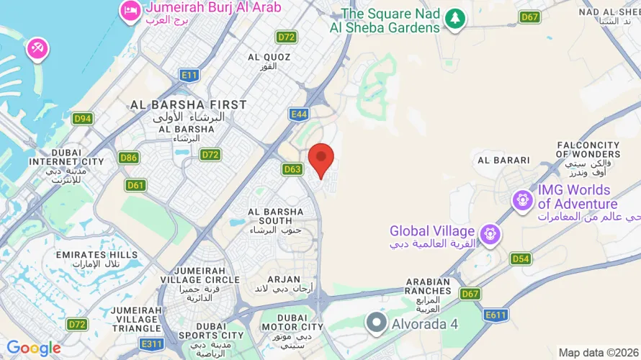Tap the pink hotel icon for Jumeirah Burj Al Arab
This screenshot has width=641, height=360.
130,10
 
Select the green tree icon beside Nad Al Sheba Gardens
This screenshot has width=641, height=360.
454,19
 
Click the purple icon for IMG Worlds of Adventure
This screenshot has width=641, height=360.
522,199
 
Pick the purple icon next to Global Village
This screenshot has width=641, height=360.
490,233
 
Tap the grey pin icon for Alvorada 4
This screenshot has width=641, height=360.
376,323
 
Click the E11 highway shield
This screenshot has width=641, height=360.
190,75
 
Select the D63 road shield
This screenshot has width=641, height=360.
292,169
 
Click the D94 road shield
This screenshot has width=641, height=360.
82,118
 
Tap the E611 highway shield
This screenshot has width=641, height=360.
496,315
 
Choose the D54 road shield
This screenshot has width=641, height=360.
521,258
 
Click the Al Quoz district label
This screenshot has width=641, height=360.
262,61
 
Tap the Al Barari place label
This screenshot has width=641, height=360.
503,160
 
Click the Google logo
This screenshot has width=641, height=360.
34,348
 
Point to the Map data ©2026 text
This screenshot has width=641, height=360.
597,352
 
